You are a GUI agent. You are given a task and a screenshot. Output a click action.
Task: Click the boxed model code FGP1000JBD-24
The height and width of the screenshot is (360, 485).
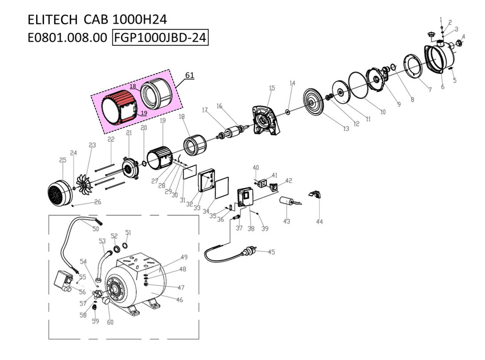[161, 38]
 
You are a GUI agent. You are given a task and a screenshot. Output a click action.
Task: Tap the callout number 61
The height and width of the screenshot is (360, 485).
[189, 75]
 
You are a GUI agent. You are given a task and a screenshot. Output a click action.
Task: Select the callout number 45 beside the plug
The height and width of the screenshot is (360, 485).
[271, 252]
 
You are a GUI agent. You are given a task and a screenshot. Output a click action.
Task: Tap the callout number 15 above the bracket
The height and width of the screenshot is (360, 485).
[272, 88]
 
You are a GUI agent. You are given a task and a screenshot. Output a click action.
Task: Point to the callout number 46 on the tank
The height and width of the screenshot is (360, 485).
[180, 300]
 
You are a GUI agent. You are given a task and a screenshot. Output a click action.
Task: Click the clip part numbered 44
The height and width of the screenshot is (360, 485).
[316, 194]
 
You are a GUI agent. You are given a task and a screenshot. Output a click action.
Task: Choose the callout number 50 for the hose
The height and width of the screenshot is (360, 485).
[96, 228]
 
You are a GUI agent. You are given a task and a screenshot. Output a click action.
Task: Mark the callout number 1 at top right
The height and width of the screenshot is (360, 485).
[441, 19]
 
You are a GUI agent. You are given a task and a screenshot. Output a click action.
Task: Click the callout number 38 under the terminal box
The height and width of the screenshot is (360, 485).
[251, 228]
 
